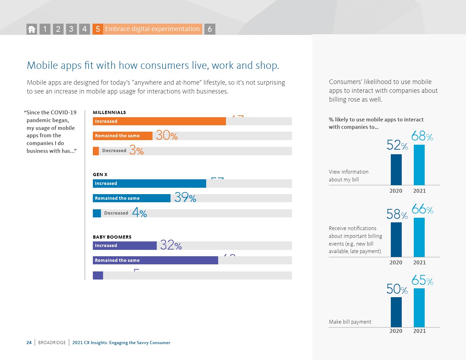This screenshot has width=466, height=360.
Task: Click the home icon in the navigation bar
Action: point(32,29)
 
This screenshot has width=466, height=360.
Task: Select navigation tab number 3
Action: point(71,29)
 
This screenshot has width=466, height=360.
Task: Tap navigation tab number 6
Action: point(210,29)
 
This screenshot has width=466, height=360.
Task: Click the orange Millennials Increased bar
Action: point(159,121)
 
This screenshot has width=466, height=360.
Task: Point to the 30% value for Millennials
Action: point(167,136)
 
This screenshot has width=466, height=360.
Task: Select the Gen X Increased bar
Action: point(149,184)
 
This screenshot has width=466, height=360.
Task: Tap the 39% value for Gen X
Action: point(185,198)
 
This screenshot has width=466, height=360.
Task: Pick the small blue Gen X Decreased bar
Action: point(97,213)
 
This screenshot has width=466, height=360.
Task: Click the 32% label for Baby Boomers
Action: point(171,245)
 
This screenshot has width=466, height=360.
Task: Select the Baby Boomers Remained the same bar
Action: point(155,260)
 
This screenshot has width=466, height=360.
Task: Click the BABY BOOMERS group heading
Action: point(112,237)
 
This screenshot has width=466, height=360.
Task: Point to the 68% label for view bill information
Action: point(422,136)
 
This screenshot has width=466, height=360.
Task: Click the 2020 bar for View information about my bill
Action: point(396,169)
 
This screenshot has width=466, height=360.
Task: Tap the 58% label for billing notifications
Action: point(397,215)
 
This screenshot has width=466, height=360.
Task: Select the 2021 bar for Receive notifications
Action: point(419,237)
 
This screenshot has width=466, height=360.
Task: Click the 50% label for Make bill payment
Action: point(397,289)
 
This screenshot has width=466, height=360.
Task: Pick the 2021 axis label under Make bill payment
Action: point(419,331)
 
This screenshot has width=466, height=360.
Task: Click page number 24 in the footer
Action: point(29,343)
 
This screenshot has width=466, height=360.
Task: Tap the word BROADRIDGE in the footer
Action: point(52,343)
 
